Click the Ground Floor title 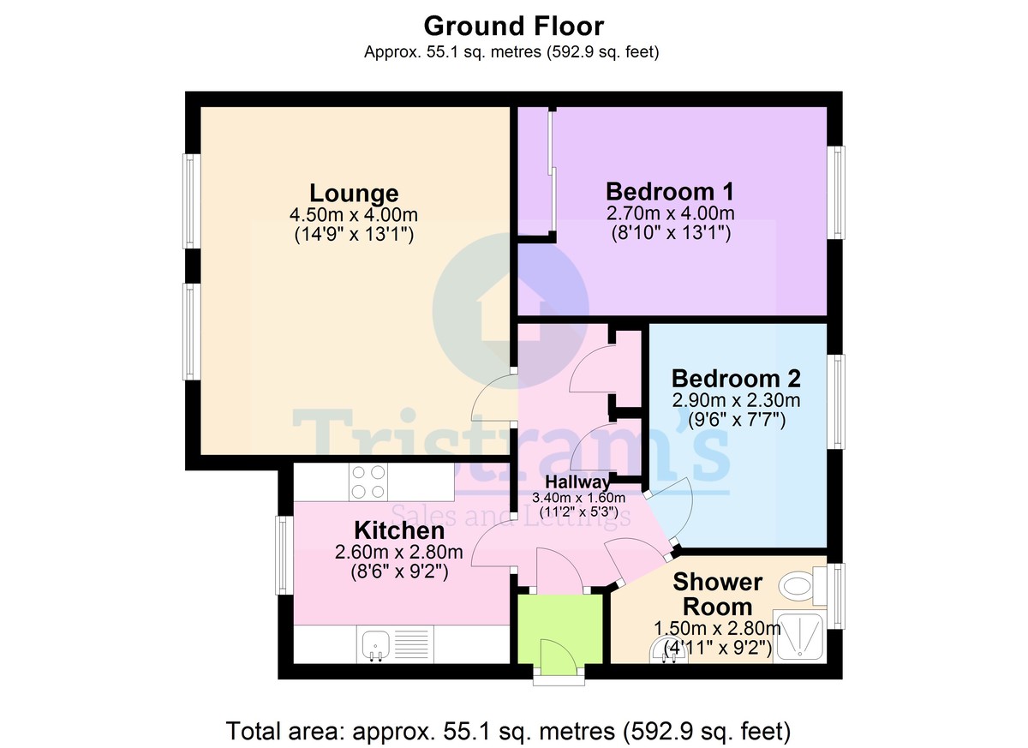click(x=513, y=27)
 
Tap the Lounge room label click(x=354, y=193)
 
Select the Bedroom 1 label click(x=670, y=191)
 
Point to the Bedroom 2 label click(x=736, y=379)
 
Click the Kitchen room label click(x=399, y=531)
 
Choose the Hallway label click(x=577, y=482)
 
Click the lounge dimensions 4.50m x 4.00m click(x=353, y=214)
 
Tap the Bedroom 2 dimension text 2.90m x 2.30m click(x=736, y=400)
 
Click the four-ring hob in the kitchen click(x=368, y=482)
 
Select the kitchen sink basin click(x=376, y=643)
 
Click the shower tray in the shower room click(x=800, y=636)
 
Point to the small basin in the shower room click(x=669, y=652)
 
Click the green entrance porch click(x=560, y=629)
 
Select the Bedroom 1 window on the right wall click(x=836, y=193)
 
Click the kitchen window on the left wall click(x=284, y=555)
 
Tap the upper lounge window click(x=192, y=201)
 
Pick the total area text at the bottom click(x=508, y=731)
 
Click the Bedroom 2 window click(x=836, y=402)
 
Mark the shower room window click(x=836, y=596)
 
